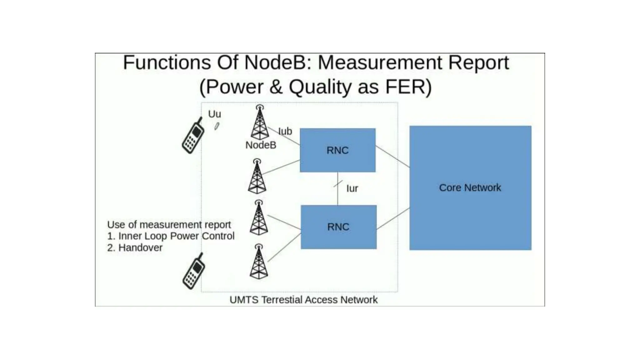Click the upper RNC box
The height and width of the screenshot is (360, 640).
click(337, 150)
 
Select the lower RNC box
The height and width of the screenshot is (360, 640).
click(338, 227)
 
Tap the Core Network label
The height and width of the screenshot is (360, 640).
click(470, 187)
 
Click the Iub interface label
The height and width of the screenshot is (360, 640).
click(285, 131)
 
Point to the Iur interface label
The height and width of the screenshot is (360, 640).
click(352, 188)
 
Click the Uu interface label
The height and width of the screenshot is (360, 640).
click(214, 114)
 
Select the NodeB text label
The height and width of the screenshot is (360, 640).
click(261, 145)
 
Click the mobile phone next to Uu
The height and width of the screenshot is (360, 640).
click(193, 136)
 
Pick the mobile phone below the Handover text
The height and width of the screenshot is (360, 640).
click(194, 271)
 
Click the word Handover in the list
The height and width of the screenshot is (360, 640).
click(140, 248)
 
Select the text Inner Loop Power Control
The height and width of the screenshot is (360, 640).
click(176, 236)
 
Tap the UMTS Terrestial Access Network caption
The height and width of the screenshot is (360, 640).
click(303, 300)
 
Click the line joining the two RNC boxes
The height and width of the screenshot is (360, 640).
click(338, 194)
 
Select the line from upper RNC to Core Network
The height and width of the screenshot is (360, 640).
click(392, 157)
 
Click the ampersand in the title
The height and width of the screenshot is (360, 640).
click(276, 87)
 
